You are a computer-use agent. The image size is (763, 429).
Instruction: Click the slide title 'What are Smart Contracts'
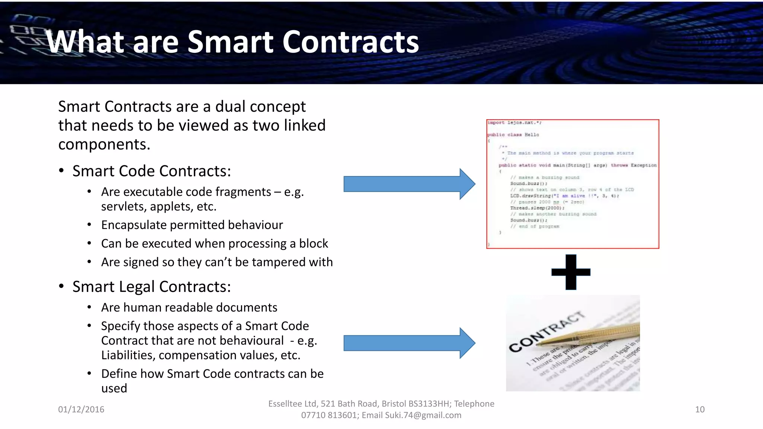point(233,42)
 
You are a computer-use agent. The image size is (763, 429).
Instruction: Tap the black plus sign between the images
point(571,272)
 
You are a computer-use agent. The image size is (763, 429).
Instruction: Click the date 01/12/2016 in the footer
point(81,409)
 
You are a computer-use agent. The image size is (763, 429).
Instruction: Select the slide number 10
point(700,409)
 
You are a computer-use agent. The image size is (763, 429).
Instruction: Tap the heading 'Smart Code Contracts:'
point(152,171)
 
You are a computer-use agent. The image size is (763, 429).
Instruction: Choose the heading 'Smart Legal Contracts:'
point(152,287)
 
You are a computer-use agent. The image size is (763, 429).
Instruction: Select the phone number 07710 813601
point(329,415)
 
